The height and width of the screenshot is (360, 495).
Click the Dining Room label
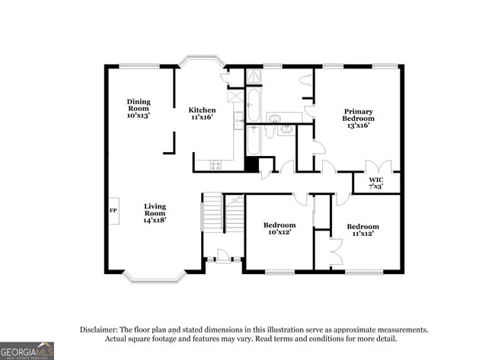point(139,109)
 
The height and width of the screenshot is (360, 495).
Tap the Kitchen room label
point(203,114)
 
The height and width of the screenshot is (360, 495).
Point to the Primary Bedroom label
point(358,118)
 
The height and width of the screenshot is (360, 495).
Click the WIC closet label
point(376,182)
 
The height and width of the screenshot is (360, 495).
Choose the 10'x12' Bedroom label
point(279,229)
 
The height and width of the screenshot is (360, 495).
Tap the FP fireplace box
point(113,210)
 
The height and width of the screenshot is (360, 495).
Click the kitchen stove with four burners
point(216,164)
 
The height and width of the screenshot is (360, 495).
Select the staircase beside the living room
point(214,213)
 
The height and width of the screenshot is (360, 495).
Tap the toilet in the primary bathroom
point(305,80)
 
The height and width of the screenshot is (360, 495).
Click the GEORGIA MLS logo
point(27,351)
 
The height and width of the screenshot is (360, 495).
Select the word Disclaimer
point(99,330)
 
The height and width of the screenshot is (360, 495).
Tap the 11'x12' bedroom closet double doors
point(335,251)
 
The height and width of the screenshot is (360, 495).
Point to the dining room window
point(139,66)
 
